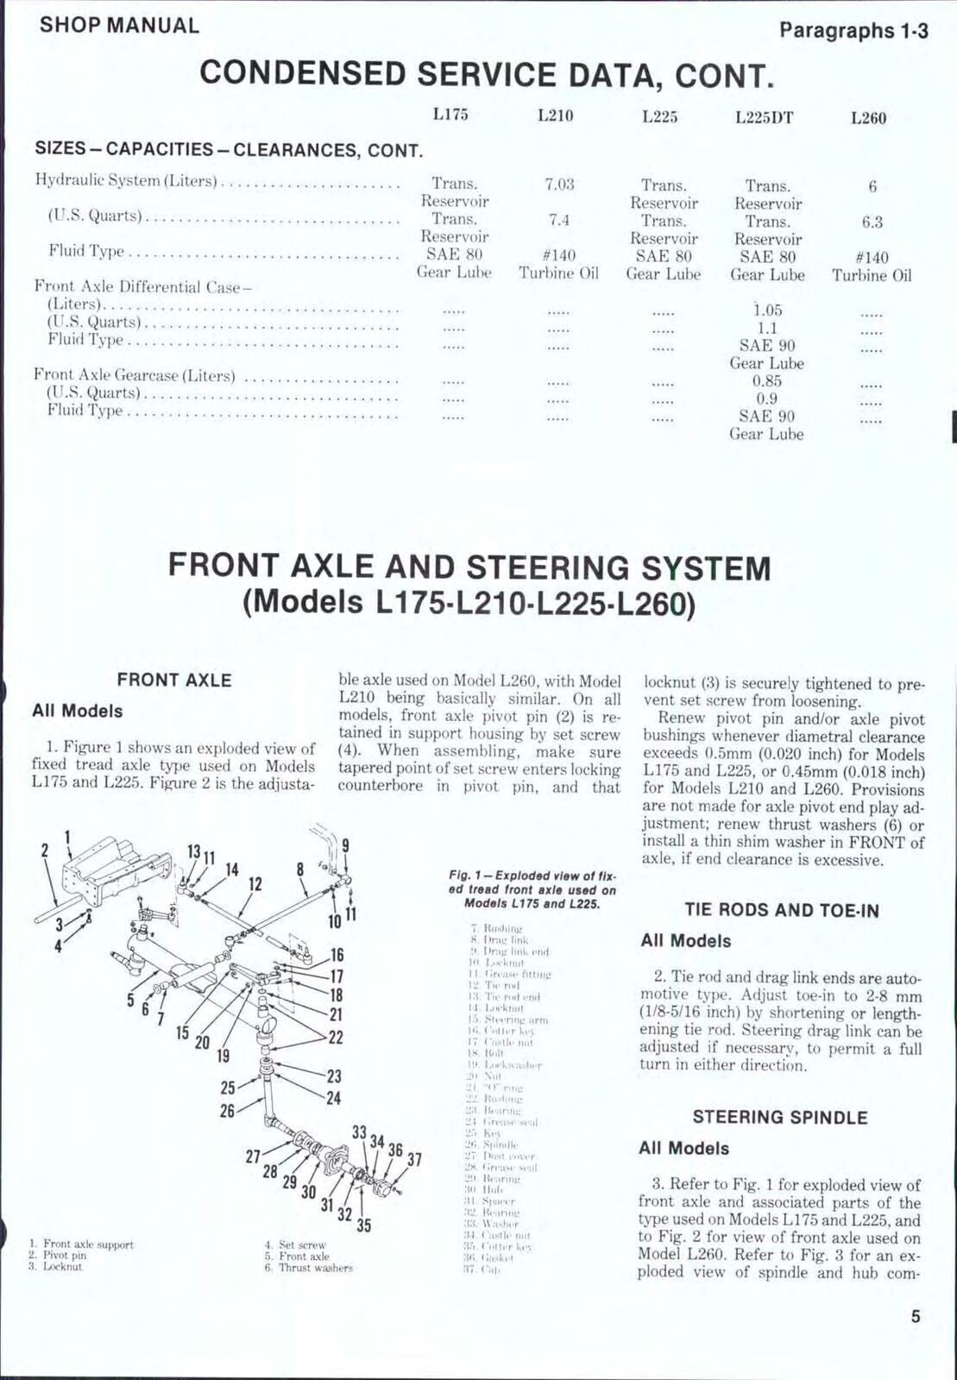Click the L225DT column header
click(764, 118)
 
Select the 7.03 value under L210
click(559, 185)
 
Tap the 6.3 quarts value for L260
click(872, 223)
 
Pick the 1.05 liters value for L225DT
click(766, 310)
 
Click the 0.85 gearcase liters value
click(766, 380)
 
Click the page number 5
click(916, 1317)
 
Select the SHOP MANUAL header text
click(119, 25)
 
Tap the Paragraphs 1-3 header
click(853, 32)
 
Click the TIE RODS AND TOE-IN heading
click(782, 910)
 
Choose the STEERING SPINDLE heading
click(779, 1118)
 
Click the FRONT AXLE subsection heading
click(174, 680)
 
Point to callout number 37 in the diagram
click(414, 1158)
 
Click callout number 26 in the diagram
click(227, 1111)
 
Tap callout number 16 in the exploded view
click(337, 955)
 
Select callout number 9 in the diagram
click(345, 846)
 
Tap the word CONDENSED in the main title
click(301, 74)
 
